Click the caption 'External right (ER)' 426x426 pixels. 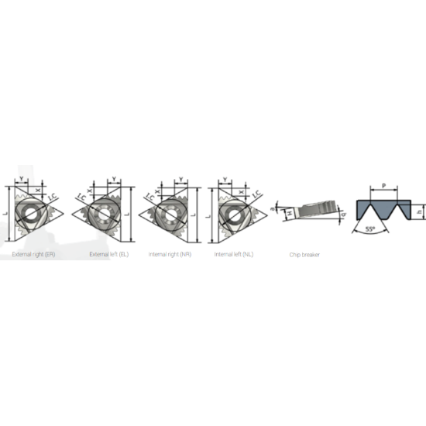[33, 254]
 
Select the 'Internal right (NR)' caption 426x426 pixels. [170, 254]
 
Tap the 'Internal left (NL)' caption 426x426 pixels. [234, 254]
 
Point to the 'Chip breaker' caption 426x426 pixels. [305, 254]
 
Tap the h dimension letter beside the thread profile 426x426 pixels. [418, 210]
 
